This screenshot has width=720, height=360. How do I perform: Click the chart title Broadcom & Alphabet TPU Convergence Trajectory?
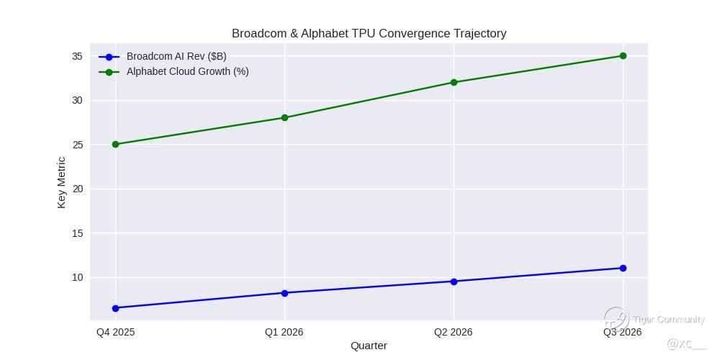(369, 34)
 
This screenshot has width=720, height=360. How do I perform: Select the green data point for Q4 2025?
(115, 144)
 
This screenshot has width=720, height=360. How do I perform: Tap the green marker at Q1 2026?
(284, 117)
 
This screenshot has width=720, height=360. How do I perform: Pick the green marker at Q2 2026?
(454, 82)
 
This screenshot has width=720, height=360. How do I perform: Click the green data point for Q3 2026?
(623, 55)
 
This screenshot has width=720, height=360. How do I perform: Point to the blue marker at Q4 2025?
(115, 308)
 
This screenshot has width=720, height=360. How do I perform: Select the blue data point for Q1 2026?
(284, 293)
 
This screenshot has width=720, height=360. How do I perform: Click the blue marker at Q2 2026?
(454, 282)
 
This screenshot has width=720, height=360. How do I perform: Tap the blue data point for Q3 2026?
(623, 268)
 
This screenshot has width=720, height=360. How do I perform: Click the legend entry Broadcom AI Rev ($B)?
(176, 56)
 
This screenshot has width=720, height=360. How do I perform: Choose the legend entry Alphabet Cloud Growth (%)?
(187, 71)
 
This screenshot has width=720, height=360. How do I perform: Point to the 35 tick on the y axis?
(76, 56)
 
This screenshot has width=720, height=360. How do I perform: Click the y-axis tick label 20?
(76, 189)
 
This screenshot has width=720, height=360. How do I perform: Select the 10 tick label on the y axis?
(76, 277)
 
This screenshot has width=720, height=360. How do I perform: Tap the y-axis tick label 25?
(76, 145)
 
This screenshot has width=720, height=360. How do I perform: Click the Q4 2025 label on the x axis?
(115, 332)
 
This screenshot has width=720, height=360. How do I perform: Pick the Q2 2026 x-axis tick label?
(454, 332)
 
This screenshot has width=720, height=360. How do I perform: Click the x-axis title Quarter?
(369, 346)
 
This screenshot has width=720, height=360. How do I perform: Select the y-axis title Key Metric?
(61, 183)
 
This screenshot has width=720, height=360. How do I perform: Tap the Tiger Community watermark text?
(668, 320)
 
